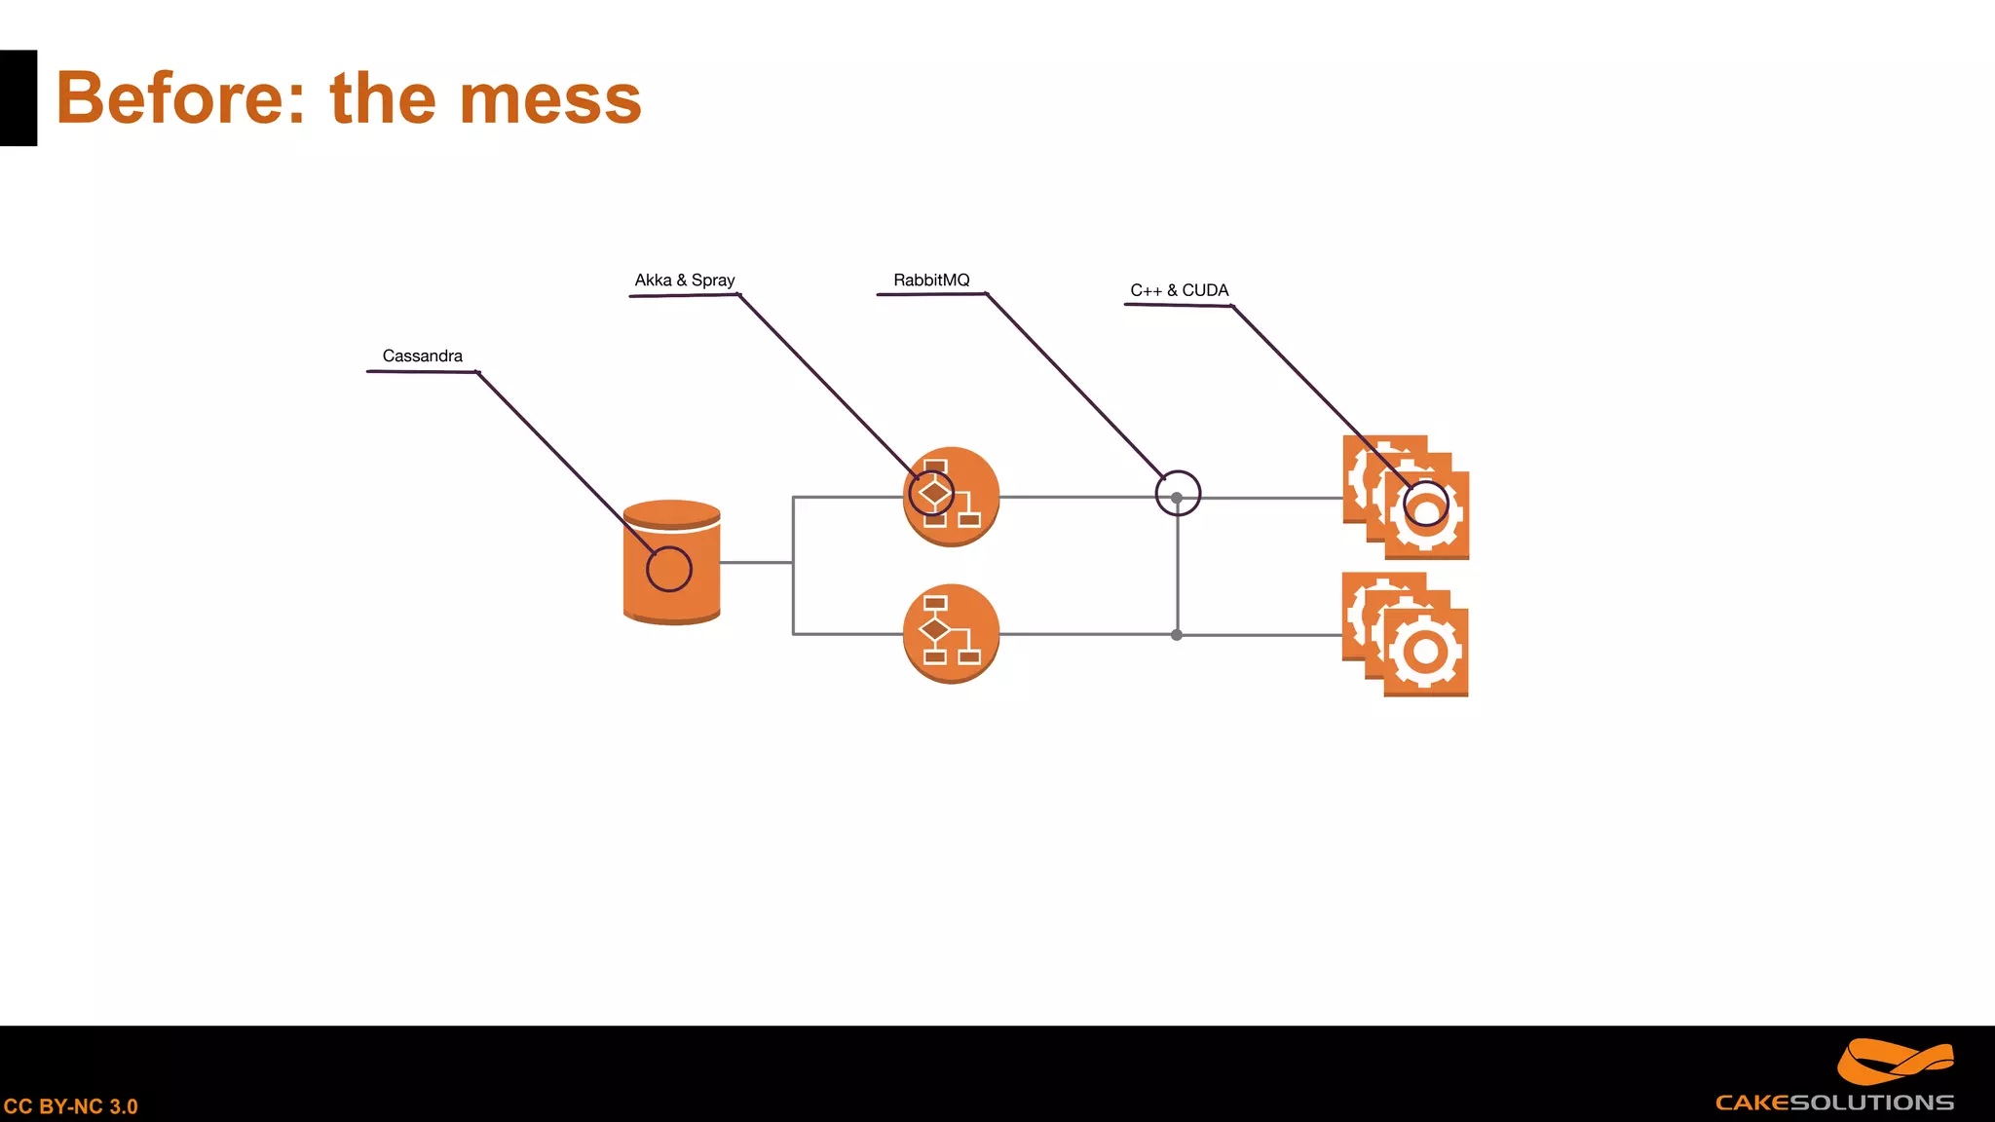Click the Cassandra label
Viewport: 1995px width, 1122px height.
pos(422,356)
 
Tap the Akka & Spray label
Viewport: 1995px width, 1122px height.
pos(684,280)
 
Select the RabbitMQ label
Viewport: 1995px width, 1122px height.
pos(931,280)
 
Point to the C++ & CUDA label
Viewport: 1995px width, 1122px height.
pos(1179,290)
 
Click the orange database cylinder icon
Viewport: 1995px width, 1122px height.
pos(672,584)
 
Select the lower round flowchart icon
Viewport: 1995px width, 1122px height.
pos(951,634)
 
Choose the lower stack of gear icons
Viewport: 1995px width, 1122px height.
pos(1405,635)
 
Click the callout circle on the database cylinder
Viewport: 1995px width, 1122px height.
pos(669,569)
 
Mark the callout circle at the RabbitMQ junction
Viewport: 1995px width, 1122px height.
pos(1178,493)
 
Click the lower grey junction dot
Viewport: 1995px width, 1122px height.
pos(1177,635)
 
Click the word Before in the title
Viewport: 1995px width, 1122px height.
pos(180,98)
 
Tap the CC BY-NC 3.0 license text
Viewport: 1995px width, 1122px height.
pos(70,1106)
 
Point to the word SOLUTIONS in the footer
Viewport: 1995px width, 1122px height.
pos(1872,1103)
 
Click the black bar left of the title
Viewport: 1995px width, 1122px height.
pos(19,98)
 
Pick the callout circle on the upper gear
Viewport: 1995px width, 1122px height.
pos(1426,504)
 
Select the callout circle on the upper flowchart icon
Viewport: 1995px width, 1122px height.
pos(931,493)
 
